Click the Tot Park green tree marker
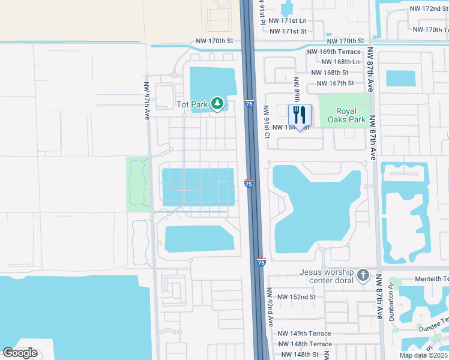click(x=217, y=104)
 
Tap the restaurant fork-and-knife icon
click(x=300, y=114)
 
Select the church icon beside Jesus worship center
click(x=363, y=276)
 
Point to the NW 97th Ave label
click(x=146, y=101)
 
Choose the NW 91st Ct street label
click(x=267, y=122)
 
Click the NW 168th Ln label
click(x=340, y=62)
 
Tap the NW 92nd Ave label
click(x=270, y=306)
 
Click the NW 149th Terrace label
click(x=304, y=334)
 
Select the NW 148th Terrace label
click(x=304, y=344)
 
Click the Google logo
click(x=20, y=353)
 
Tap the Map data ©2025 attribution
click(x=423, y=355)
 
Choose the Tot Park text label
click(x=191, y=104)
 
